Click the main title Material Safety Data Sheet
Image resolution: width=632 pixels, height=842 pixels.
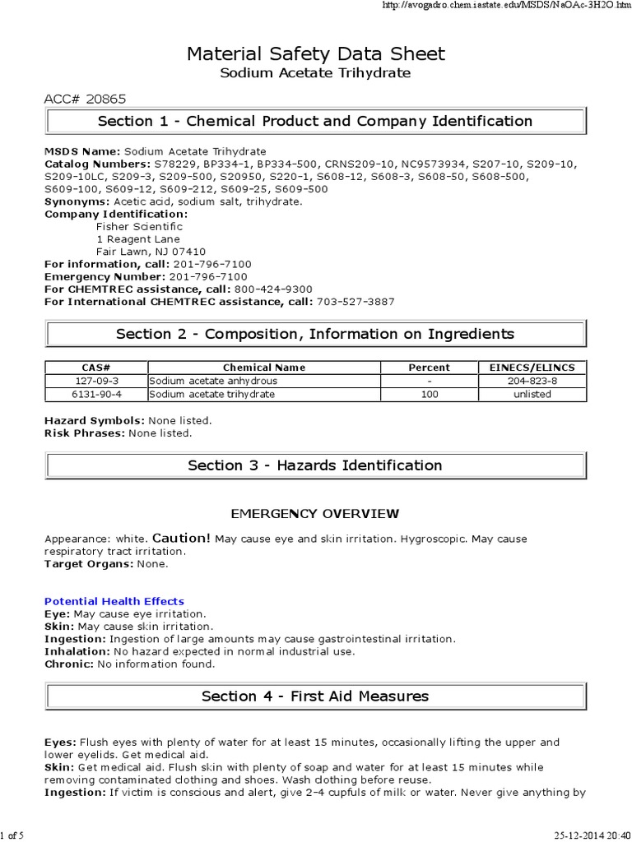(315, 54)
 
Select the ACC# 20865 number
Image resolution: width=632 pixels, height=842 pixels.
(85, 99)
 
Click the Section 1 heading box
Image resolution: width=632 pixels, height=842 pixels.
(315, 122)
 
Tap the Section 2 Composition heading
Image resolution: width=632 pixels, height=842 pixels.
(315, 334)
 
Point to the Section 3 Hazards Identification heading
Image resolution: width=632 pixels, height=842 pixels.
(315, 465)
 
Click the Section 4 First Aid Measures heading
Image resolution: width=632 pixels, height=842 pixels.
(315, 696)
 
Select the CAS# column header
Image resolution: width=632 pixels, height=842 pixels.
(95, 368)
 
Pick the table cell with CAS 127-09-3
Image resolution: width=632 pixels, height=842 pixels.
(95, 381)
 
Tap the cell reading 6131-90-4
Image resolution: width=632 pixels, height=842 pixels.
(95, 394)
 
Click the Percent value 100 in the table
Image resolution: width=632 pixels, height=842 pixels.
(429, 394)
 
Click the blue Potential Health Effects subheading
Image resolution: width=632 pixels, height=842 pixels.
(114, 601)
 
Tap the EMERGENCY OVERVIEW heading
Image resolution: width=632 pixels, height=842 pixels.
(315, 514)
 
